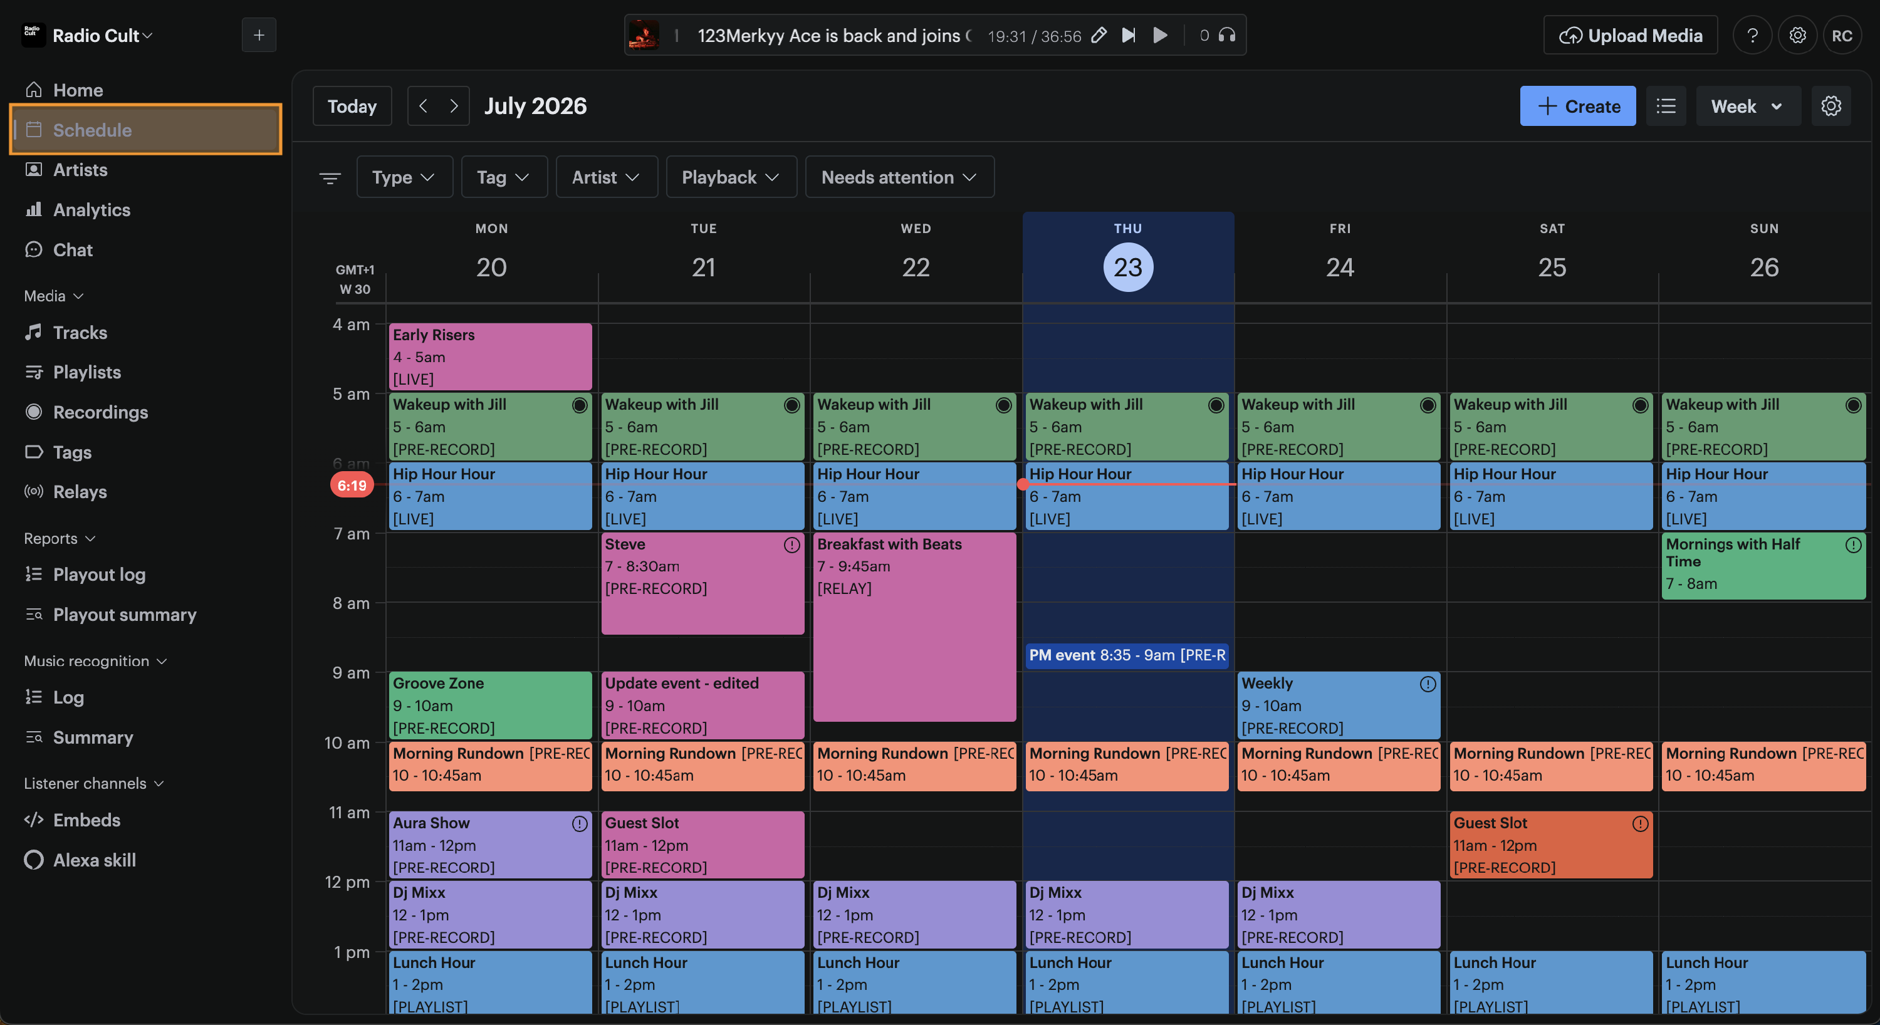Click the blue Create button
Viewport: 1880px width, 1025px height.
click(1577, 106)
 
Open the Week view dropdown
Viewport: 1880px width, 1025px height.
click(1747, 106)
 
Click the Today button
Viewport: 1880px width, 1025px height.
click(352, 106)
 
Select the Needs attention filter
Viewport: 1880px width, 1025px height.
click(899, 177)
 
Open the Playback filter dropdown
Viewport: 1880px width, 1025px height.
click(731, 177)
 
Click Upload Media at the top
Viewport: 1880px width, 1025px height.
click(1630, 35)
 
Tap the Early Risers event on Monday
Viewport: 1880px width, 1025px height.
click(489, 356)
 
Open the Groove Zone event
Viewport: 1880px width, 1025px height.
click(489, 705)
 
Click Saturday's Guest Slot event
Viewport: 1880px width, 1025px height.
click(1550, 844)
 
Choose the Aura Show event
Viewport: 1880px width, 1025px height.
click(489, 844)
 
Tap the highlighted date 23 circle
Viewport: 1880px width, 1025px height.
click(1127, 267)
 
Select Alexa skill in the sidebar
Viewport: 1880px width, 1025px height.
click(80, 860)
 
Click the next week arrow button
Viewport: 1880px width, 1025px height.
click(454, 106)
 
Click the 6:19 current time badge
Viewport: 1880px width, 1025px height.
click(352, 484)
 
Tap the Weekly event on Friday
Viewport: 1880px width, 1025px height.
click(1339, 705)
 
